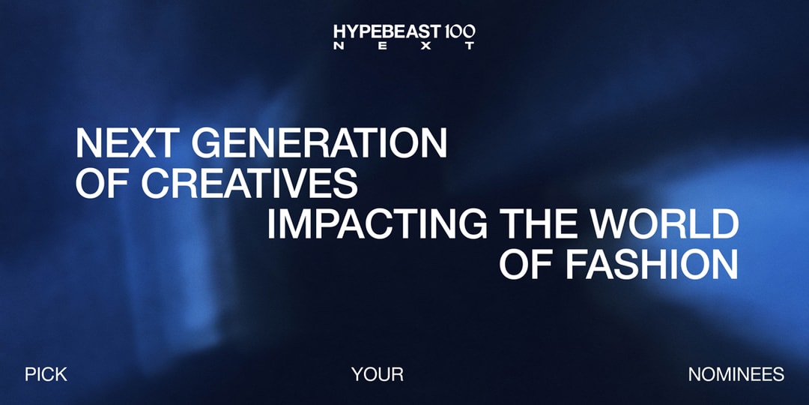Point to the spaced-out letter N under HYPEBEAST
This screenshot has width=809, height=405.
[x=338, y=46]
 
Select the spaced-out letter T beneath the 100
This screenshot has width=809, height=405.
[x=470, y=46]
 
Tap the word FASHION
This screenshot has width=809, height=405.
[x=648, y=264]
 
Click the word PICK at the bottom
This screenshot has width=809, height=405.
[x=46, y=374]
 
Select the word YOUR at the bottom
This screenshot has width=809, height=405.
[x=378, y=374]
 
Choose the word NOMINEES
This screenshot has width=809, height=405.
[x=736, y=374]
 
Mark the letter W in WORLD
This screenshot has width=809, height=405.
[x=619, y=224]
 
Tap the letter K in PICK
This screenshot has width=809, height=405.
[x=61, y=374]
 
